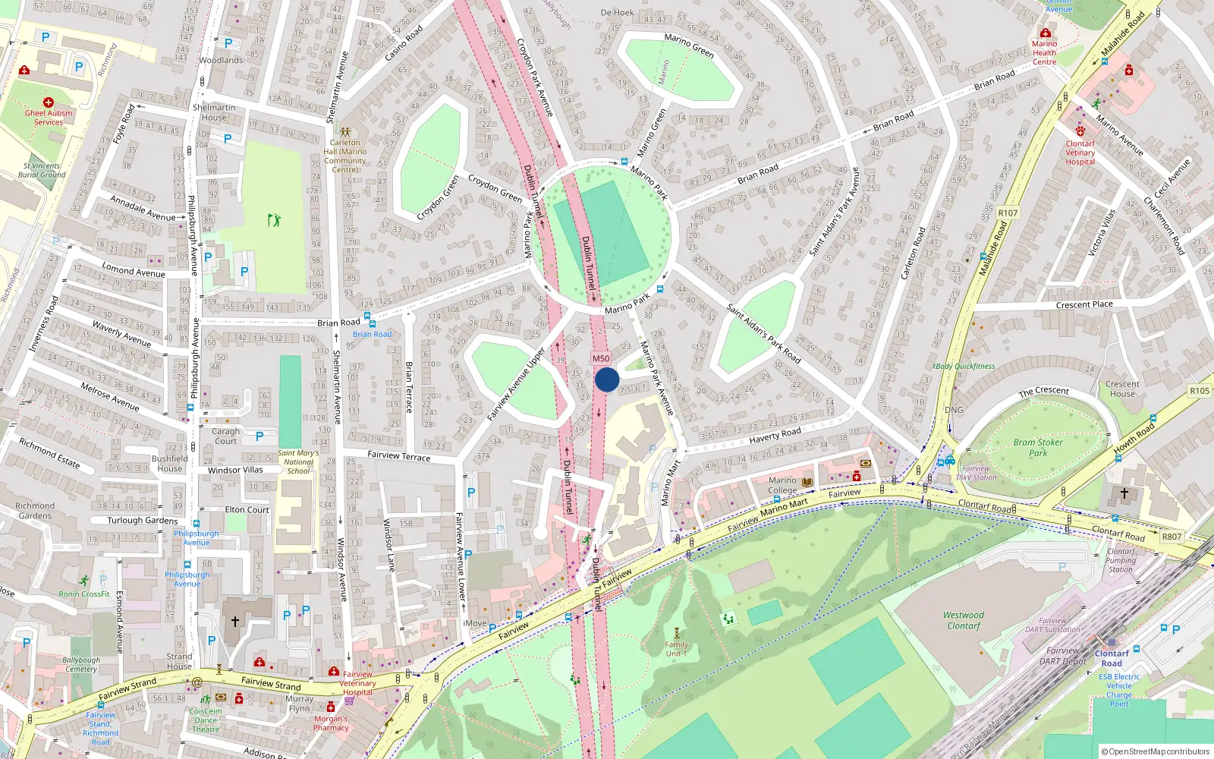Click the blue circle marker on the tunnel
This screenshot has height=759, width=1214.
pyautogui.click(x=607, y=379)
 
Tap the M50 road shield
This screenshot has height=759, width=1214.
pyautogui.click(x=601, y=358)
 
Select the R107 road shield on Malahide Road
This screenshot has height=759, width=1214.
pyautogui.click(x=1008, y=213)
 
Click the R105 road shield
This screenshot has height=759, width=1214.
pyautogui.click(x=1200, y=391)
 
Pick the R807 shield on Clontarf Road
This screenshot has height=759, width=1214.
pyautogui.click(x=1172, y=537)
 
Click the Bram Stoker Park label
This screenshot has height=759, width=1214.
pyautogui.click(x=1038, y=448)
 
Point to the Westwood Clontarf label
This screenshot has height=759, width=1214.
pyautogui.click(x=964, y=621)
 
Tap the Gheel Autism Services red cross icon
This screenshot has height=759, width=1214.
pyautogui.click(x=49, y=102)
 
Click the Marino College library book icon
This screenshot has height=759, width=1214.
pyautogui.click(x=807, y=482)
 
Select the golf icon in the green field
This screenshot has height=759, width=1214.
pyautogui.click(x=274, y=220)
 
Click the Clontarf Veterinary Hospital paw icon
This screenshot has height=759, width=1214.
pyautogui.click(x=1080, y=131)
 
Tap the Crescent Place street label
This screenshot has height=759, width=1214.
pyautogui.click(x=1084, y=304)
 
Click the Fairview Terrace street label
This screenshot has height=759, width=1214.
pyautogui.click(x=398, y=456)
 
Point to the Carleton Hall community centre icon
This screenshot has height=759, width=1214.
pyautogui.click(x=345, y=131)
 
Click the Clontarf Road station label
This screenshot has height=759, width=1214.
pyautogui.click(x=1112, y=658)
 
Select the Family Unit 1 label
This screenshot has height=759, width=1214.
pyautogui.click(x=676, y=649)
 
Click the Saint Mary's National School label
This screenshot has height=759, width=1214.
pyautogui.click(x=298, y=461)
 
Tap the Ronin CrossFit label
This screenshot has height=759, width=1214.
pyautogui.click(x=84, y=594)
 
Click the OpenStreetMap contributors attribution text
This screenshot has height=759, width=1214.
pyautogui.click(x=1155, y=751)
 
